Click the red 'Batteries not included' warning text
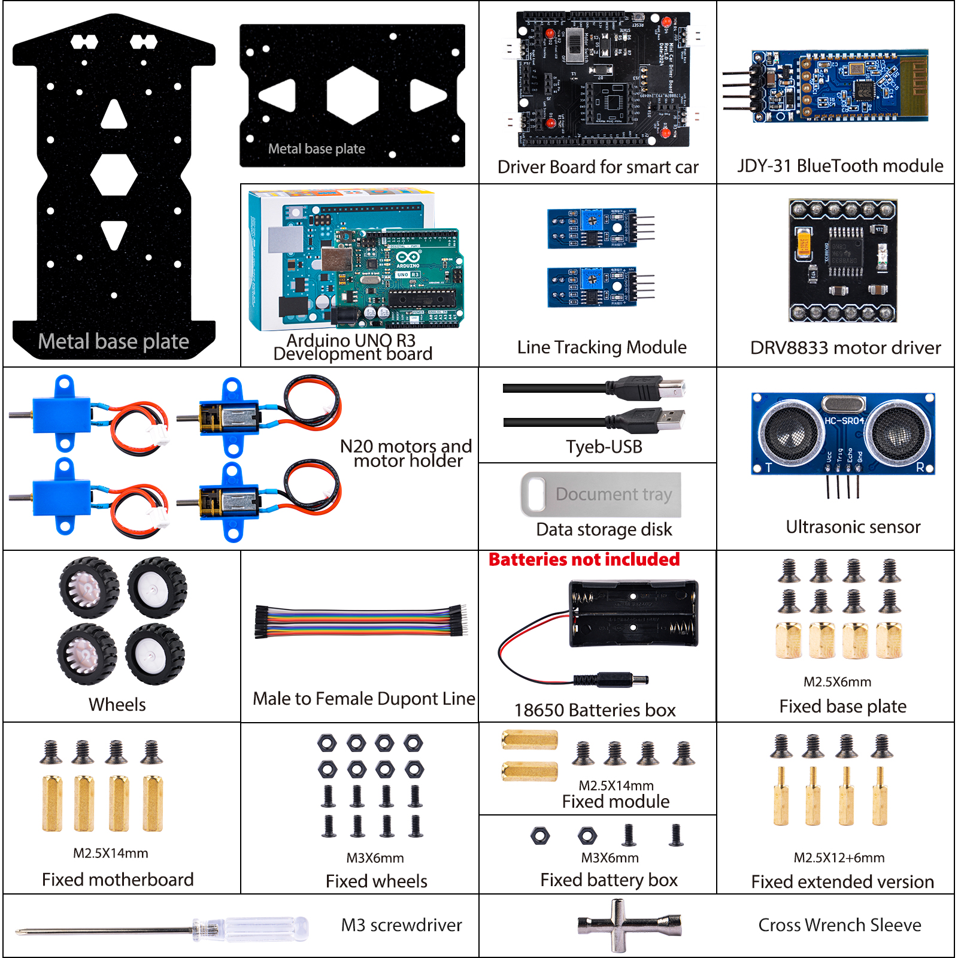tap(584, 559)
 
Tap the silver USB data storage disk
tap(601, 495)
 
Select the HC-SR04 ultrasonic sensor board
tap(843, 434)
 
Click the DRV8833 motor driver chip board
tap(843, 260)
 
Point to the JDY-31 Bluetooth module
tap(838, 86)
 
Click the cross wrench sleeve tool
tap(629, 925)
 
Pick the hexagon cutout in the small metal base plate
tap(353, 95)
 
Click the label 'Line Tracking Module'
tap(602, 347)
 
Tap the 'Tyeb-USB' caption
tap(604, 447)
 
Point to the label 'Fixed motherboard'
tap(118, 880)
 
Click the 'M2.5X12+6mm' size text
tap(839, 857)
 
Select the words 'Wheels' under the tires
tap(117, 705)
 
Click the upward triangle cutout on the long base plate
tap(114, 115)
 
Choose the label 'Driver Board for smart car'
tap(598, 167)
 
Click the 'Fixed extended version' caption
tap(842, 882)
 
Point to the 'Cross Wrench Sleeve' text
tap(839, 925)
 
